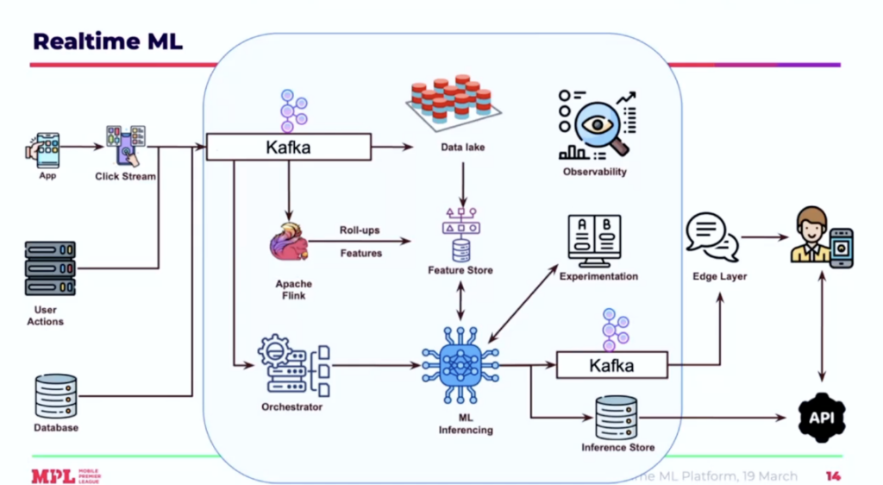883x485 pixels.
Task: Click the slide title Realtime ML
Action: pos(108,41)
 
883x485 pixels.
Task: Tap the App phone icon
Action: pos(47,148)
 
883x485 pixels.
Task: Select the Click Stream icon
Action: pos(126,146)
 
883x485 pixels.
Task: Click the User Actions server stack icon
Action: pos(50,268)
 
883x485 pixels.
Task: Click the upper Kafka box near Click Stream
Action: pos(288,147)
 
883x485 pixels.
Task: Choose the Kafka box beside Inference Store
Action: pos(611,365)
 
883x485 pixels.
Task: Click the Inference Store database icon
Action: pos(617,419)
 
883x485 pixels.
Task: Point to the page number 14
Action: pos(833,476)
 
